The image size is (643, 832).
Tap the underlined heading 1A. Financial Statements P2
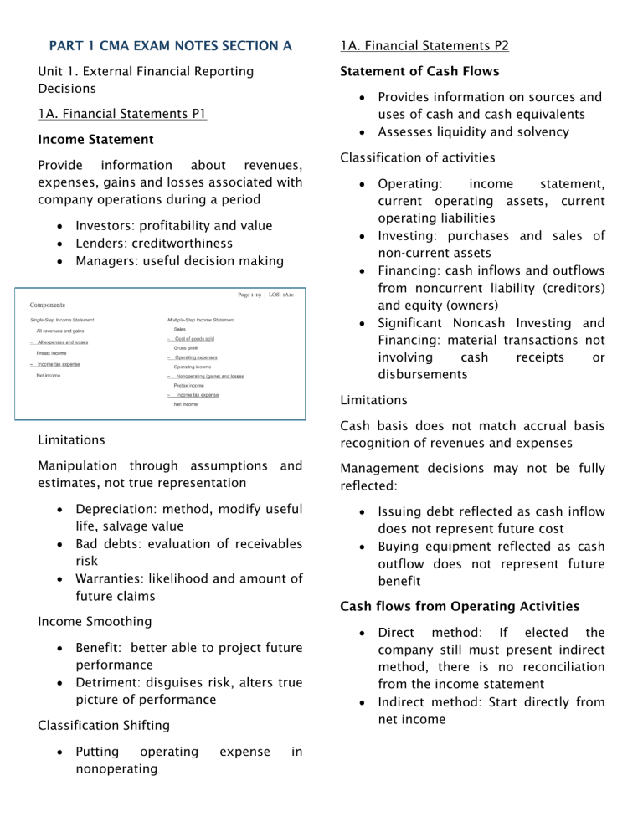point(433,44)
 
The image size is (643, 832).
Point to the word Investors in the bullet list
point(106,225)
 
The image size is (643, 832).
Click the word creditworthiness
point(184,243)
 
